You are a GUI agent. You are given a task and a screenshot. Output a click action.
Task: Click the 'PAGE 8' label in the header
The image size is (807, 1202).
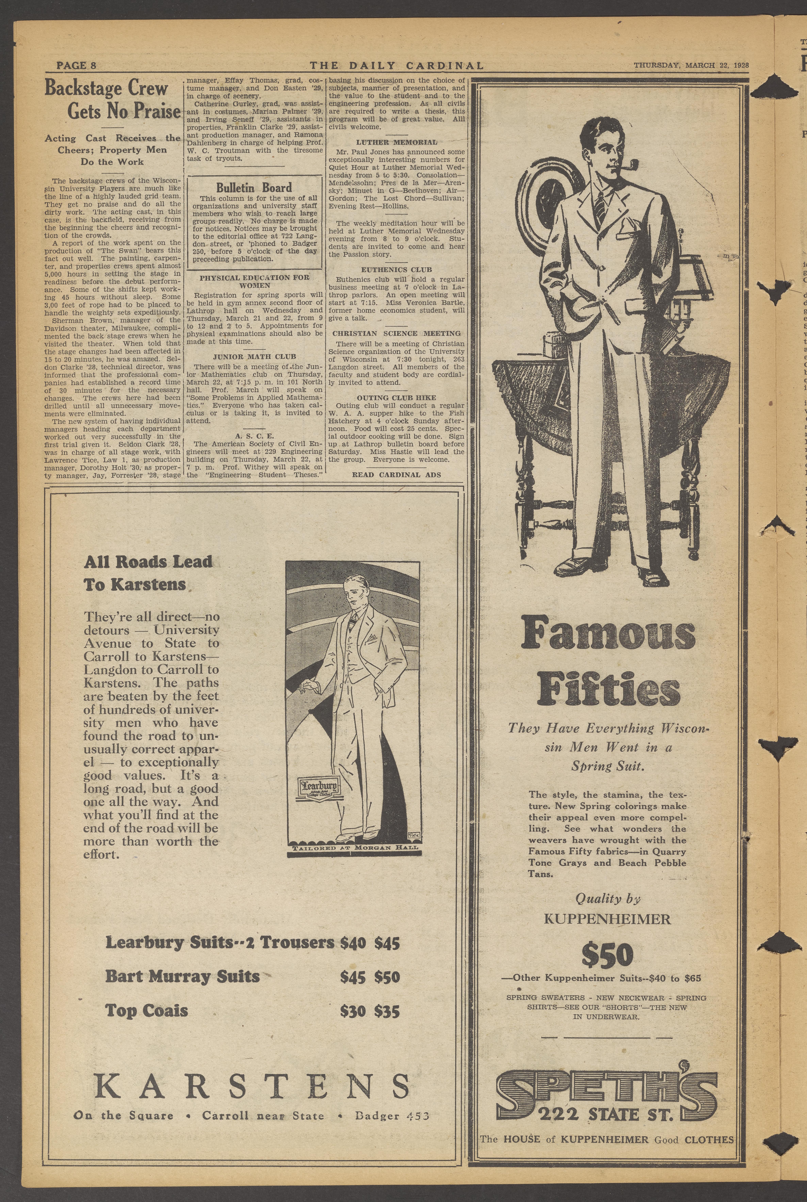click(76, 65)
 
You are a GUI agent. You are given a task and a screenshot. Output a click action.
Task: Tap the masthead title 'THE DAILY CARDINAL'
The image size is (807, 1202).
click(396, 65)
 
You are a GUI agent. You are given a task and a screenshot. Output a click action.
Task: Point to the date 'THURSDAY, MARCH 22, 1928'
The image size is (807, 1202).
click(691, 65)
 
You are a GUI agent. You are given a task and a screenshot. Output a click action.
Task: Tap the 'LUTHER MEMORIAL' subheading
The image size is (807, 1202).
click(396, 142)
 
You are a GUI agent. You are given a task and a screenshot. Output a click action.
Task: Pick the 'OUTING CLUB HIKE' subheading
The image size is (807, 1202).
click(396, 398)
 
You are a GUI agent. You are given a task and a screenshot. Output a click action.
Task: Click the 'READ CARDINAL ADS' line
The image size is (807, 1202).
click(396, 475)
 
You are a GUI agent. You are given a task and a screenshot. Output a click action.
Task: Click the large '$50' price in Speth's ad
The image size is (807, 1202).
click(607, 956)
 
